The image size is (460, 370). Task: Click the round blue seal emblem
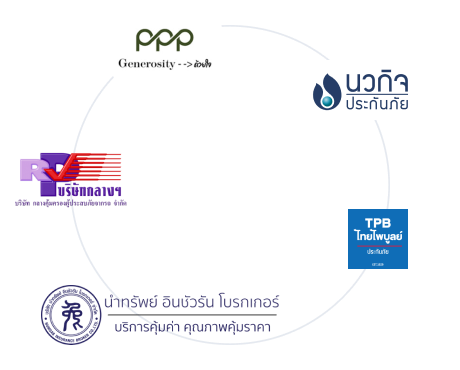(71, 315)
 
